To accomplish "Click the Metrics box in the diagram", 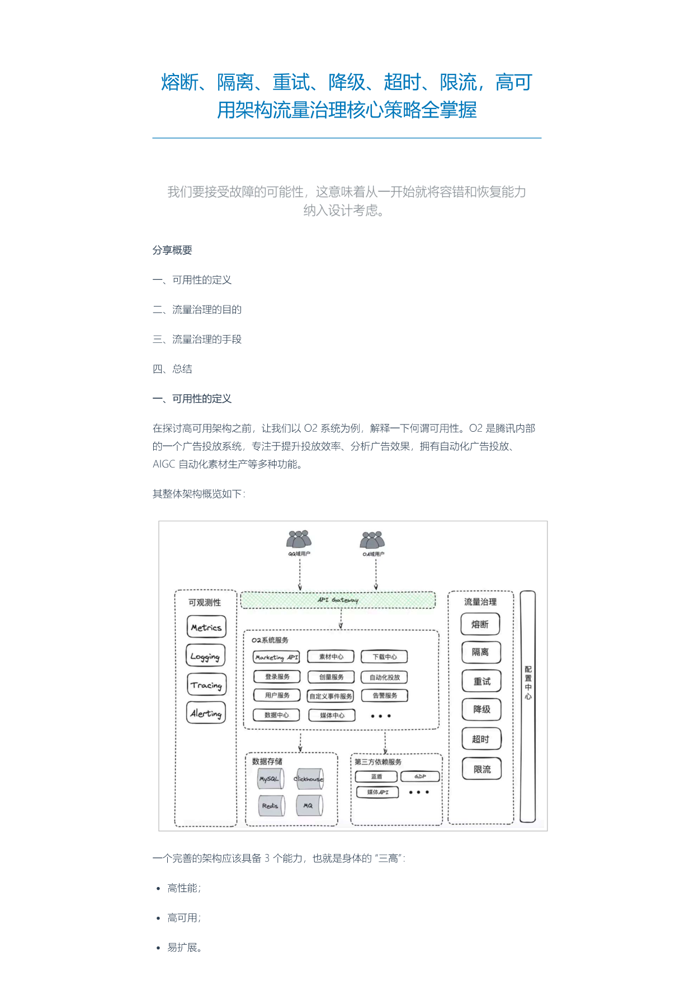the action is (206, 627).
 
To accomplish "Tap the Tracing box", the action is (206, 685).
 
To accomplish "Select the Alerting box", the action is (206, 713).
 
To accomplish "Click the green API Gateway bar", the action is (338, 600).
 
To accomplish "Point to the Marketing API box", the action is (276, 657).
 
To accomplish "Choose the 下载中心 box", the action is (384, 657).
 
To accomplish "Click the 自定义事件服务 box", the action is (331, 696).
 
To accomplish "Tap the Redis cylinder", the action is (271, 806).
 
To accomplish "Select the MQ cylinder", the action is (309, 805).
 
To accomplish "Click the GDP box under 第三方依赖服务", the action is (420, 776).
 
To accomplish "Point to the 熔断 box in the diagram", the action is (480, 624).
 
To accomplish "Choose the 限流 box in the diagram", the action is (481, 769).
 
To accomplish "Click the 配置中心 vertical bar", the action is (528, 706).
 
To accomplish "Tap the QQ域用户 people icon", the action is (299, 539).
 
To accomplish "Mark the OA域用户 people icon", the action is (372, 540).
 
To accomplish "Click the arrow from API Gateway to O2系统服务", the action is (341, 619).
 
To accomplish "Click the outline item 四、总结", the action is (172, 369).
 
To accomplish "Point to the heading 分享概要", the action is (172, 250).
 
